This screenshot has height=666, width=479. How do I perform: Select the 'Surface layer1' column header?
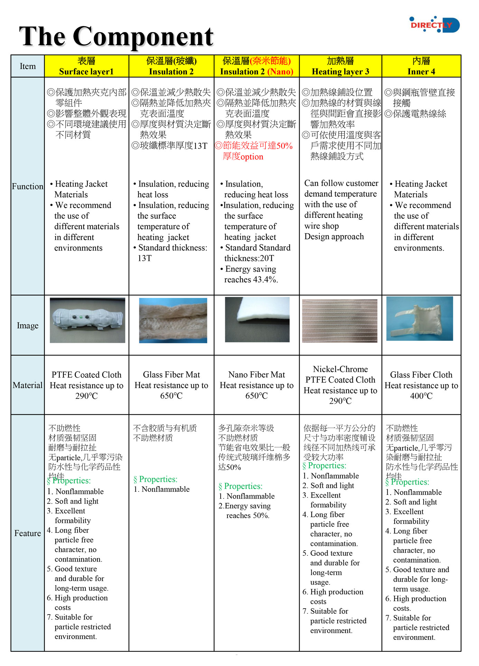click(86, 72)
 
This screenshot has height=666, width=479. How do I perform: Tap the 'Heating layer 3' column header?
click(340, 72)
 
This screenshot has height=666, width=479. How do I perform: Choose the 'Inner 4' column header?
click(421, 72)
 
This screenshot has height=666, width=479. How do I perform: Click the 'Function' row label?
click(28, 186)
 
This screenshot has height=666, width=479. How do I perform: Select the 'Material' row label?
click(28, 385)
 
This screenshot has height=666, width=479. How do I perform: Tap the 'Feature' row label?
click(28, 533)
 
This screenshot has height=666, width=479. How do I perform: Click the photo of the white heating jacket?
click(87, 320)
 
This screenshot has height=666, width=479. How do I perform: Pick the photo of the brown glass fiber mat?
click(173, 320)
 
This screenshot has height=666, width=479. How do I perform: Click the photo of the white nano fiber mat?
click(257, 320)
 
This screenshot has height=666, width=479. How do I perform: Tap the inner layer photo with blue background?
click(420, 319)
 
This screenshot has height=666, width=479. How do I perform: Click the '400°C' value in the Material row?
click(421, 396)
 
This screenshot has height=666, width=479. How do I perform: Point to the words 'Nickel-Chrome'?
click(340, 369)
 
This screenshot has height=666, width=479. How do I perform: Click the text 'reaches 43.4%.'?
click(251, 280)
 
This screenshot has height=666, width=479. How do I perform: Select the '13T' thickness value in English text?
click(144, 258)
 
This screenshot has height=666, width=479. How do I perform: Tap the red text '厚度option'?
click(243, 157)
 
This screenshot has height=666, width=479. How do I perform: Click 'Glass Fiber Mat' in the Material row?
click(171, 375)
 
